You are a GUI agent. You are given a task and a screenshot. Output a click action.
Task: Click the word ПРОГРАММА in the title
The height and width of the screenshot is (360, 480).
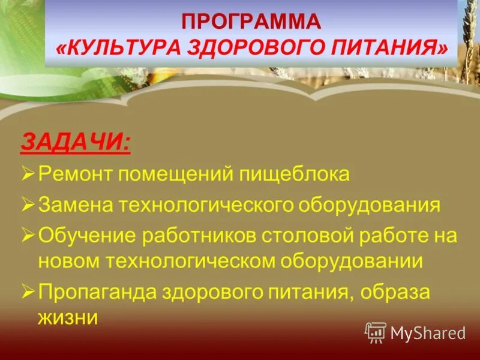(251, 22)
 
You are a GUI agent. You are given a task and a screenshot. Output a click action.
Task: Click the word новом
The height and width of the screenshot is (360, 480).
(67, 261)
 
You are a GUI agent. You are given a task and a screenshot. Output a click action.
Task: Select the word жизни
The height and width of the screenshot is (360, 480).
(67, 317)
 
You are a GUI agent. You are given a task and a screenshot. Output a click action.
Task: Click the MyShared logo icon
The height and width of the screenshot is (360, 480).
(375, 332)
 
